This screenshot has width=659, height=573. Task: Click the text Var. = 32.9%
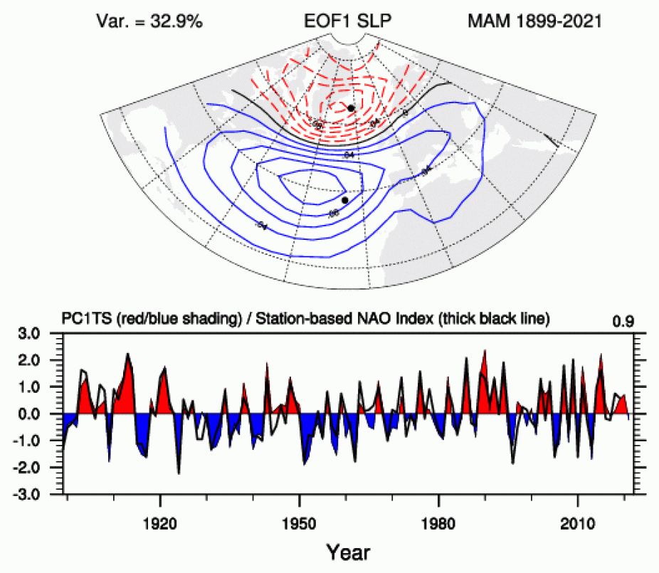pyautogui.click(x=149, y=21)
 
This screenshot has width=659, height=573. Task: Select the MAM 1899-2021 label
pyautogui.click(x=534, y=21)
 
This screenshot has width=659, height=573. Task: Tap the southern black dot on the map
pyautogui.click(x=344, y=200)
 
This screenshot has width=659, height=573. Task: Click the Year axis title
pyautogui.click(x=348, y=551)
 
